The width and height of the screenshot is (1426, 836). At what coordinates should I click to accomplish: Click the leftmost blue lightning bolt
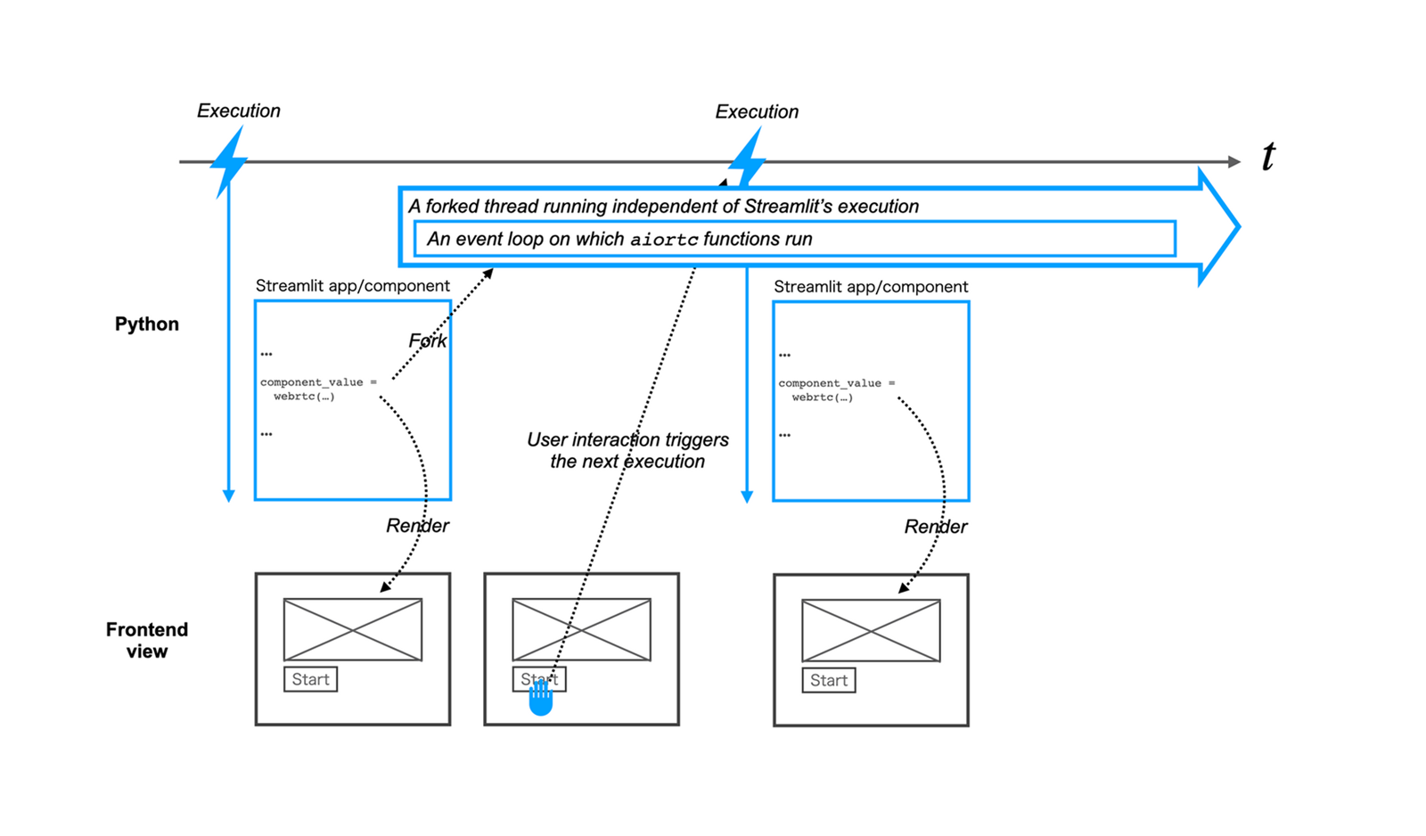(229, 160)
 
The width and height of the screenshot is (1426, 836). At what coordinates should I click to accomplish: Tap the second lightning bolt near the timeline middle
(747, 158)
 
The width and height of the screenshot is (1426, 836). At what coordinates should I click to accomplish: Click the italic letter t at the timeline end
(1268, 157)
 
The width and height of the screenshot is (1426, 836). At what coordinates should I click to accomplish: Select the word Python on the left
(147, 324)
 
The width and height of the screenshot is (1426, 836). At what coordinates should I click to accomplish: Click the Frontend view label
(147, 640)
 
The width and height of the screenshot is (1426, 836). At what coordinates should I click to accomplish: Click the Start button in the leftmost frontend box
(310, 679)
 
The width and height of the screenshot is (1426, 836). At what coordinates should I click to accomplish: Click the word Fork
(428, 341)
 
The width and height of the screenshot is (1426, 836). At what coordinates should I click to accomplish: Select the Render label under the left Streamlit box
(417, 526)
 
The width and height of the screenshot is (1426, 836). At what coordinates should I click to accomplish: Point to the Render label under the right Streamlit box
(935, 527)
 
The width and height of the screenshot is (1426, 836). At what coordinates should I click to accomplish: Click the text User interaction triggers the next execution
(627, 450)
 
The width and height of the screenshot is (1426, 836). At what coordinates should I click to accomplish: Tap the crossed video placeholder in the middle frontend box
(581, 629)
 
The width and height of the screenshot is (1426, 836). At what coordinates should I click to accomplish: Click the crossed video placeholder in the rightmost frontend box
(871, 630)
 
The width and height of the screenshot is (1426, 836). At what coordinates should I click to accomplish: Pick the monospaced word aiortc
(664, 240)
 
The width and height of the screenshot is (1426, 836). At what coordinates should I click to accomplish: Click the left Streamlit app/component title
(352, 286)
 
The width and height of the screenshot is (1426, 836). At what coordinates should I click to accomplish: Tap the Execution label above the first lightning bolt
(238, 111)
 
